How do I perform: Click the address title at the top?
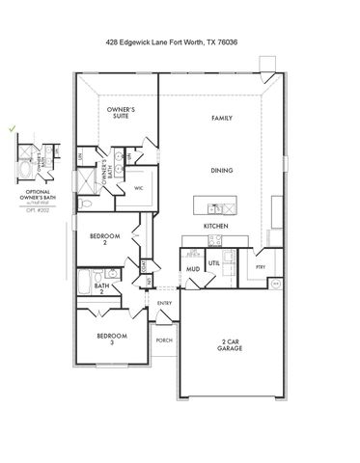[x=180, y=43]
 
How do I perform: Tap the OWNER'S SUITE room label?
[x=122, y=115]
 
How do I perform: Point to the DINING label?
[x=222, y=170]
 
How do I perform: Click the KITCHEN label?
[x=214, y=226]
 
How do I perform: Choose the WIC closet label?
[x=138, y=188]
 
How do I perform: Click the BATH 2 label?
[x=101, y=287]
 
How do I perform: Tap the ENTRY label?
[x=164, y=305]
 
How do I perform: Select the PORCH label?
[x=163, y=340]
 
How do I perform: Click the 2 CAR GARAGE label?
[x=231, y=345]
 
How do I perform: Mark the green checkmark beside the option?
[x=13, y=126]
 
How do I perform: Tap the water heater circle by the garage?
[x=274, y=284]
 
